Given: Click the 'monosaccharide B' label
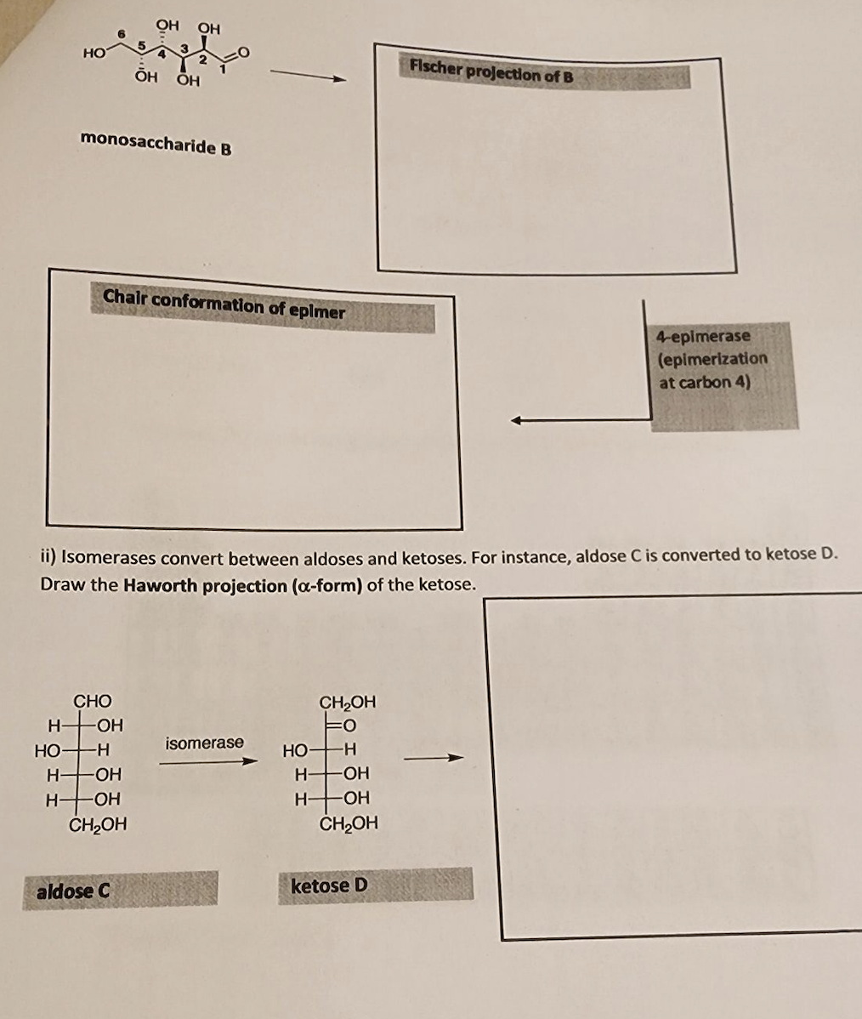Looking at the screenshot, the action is (156, 142).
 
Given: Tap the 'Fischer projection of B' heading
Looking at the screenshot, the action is (491, 73).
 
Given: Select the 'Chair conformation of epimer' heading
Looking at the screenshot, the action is (224, 304).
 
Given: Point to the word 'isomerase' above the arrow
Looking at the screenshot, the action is (204, 743).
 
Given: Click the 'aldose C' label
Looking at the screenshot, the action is (73, 891).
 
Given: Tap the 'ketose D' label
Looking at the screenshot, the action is (329, 885).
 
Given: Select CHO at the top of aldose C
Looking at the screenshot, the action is (92, 701).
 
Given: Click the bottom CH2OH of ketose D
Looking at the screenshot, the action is (349, 823).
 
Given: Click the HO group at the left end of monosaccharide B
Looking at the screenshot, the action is (94, 53).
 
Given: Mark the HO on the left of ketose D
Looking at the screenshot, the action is (295, 751).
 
